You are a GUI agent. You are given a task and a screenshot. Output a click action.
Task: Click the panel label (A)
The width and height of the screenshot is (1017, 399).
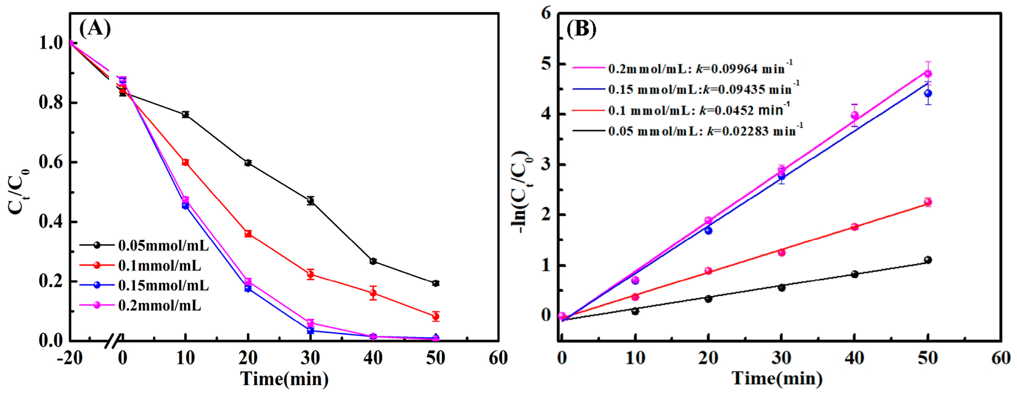coord(95,28)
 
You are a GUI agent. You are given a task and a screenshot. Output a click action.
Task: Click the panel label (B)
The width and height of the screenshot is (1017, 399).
coord(581,29)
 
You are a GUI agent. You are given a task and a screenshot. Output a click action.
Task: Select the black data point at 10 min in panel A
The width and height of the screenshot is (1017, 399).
coord(185,114)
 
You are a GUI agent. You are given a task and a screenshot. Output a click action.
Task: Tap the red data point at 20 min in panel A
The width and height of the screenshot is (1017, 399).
coord(248,234)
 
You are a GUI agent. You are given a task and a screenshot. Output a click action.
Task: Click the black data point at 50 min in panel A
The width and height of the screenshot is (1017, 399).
coord(436,283)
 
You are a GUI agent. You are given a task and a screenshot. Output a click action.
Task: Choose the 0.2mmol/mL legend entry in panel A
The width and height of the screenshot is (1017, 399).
coord(160,305)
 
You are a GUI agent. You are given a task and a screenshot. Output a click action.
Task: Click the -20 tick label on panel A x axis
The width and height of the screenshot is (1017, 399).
coord(69,358)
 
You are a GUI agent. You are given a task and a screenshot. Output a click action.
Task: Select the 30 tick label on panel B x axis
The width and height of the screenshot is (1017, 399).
coord(781,358)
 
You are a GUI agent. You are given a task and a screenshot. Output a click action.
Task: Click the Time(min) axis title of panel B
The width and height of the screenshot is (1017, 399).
coord(777,378)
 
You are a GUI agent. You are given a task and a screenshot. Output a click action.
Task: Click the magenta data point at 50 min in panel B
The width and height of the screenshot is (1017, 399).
coord(928,74)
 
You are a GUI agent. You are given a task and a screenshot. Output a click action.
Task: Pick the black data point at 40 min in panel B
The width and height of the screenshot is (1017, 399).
coord(855,274)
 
